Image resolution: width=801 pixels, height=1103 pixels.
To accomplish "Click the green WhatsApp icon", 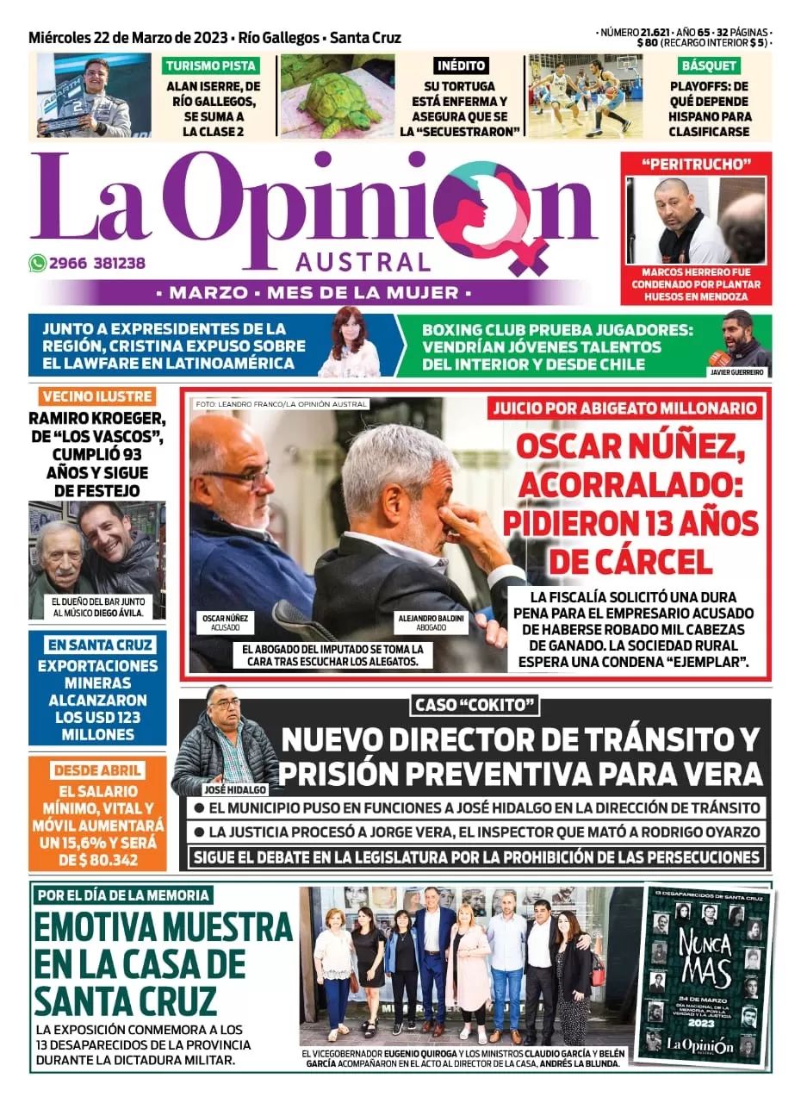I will [37, 264].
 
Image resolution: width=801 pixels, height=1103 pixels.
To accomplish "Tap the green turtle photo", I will [338, 97].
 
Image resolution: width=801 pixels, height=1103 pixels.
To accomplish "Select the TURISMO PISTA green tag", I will [210, 65].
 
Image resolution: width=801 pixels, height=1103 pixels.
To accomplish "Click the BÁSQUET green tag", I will [709, 65].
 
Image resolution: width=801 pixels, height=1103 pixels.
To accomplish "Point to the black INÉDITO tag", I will [461, 65].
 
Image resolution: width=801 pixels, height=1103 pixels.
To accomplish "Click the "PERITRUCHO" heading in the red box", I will [696, 164].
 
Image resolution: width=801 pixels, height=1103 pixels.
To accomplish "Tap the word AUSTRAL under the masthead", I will [363, 262].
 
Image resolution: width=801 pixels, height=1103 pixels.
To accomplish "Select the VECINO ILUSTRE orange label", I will [96, 397].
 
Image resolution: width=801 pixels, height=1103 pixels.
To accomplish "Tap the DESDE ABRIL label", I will [96, 770].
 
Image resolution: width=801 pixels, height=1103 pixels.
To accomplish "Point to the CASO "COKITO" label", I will [475, 706].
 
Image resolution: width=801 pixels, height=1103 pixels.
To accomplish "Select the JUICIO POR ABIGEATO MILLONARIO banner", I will [624, 409].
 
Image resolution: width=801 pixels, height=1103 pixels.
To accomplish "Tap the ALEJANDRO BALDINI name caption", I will [430, 621].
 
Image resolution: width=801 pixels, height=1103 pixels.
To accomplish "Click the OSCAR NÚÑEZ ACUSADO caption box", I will [225, 621].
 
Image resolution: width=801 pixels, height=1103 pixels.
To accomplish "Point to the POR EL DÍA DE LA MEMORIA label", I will [123, 894].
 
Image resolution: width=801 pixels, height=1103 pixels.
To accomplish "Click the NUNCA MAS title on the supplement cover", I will [706, 957].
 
